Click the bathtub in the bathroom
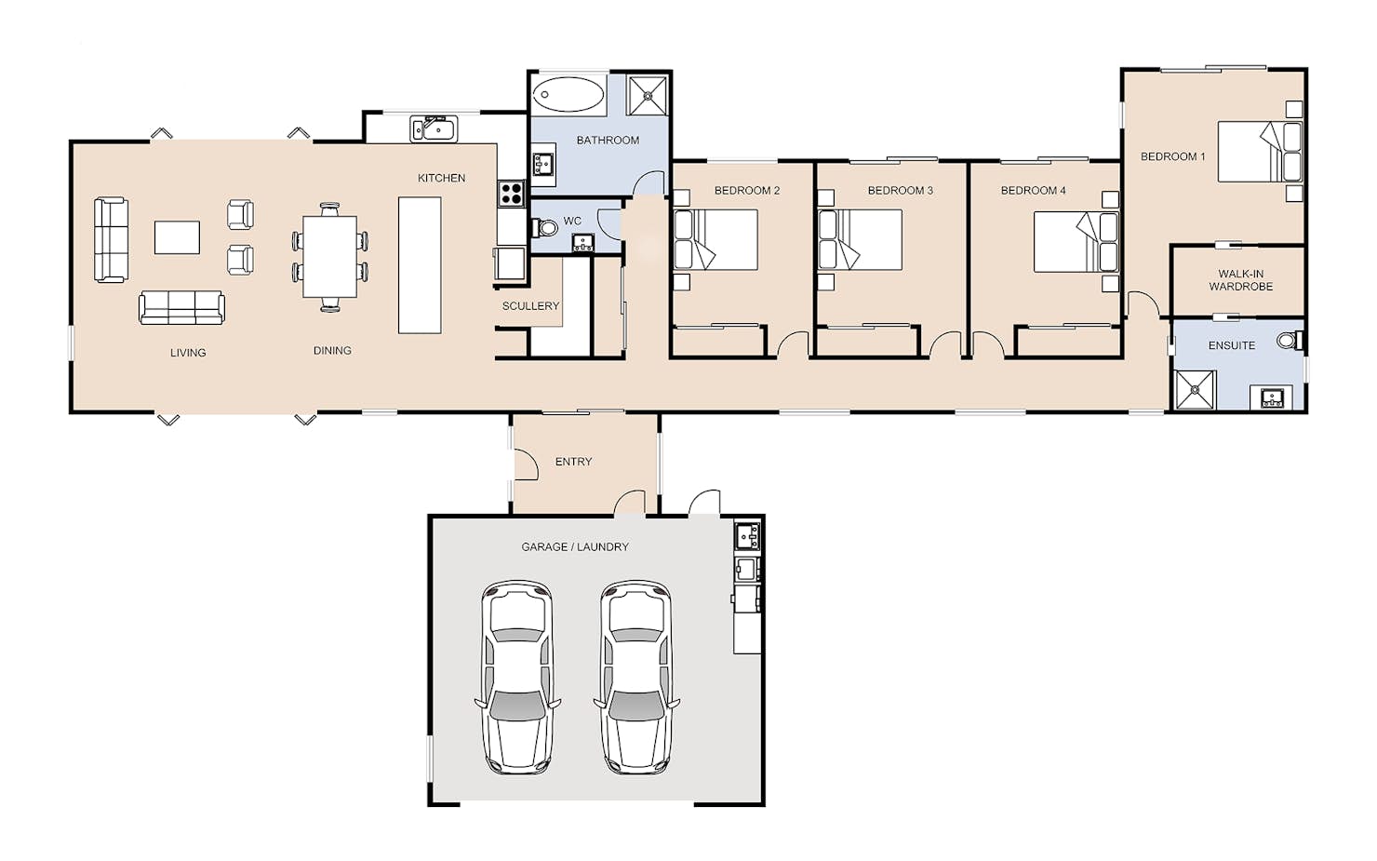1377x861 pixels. pos(568,94)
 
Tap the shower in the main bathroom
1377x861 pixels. pos(647,95)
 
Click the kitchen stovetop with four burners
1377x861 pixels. pos(511,193)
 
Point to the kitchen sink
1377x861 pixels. pos(434,128)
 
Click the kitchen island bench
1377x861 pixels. pos(420,265)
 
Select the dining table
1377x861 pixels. pos(330,257)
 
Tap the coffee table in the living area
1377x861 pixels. pos(177,237)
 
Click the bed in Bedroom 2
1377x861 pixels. pos(715,240)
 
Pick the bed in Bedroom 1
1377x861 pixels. pos(1260,152)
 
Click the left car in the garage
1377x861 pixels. pos(517,677)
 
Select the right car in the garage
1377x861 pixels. pos(636,677)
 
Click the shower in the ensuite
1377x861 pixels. pos(1195,389)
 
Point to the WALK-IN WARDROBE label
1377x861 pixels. pos(1240,280)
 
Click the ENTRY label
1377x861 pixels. pos(573,462)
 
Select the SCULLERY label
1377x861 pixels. pos(530,305)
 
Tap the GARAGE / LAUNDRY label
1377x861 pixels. pos(575,546)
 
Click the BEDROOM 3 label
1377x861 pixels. pos(901,191)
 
